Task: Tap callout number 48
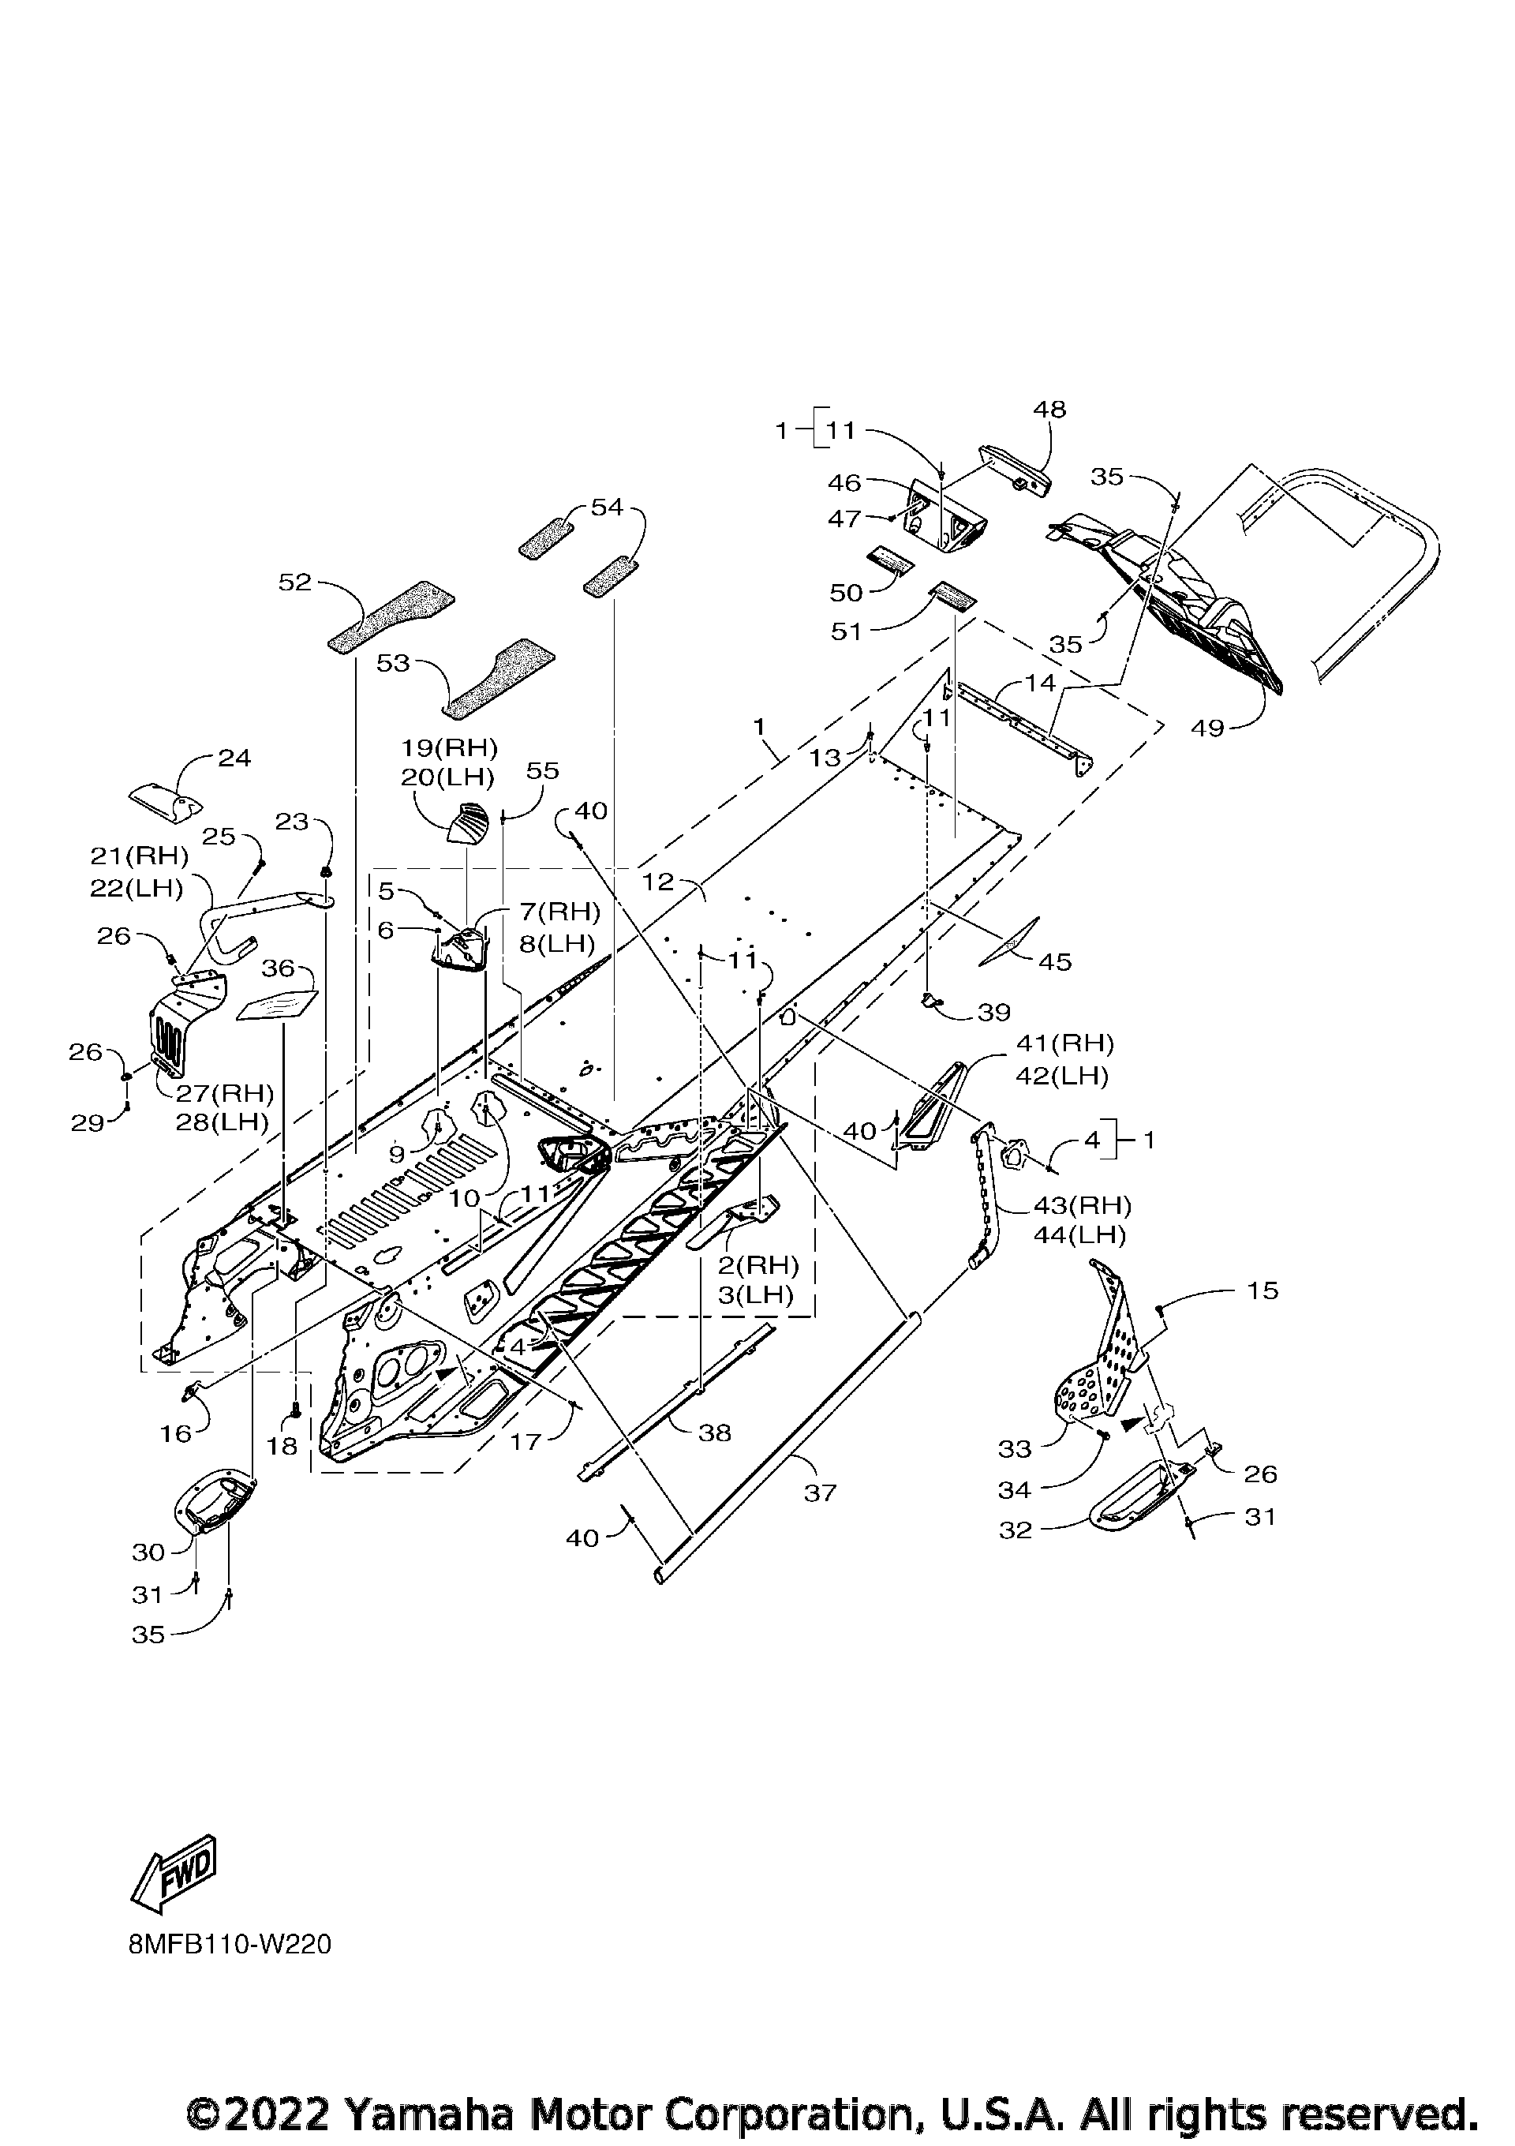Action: click(1049, 409)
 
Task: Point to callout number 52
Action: click(294, 582)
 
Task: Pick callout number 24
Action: click(234, 757)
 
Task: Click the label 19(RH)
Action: click(450, 747)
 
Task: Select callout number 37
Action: click(820, 1493)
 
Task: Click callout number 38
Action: click(715, 1433)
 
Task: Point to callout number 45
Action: click(1055, 962)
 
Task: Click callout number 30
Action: click(148, 1552)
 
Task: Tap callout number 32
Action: click(1016, 1530)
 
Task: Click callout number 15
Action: click(1262, 1290)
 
